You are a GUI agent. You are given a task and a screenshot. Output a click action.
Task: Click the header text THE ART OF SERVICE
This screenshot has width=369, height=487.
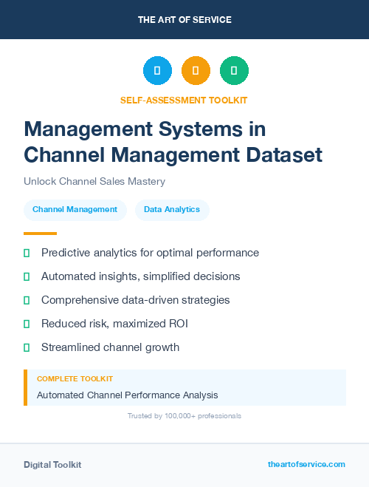point(184,20)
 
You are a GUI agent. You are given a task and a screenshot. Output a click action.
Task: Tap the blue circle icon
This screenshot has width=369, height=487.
point(157,71)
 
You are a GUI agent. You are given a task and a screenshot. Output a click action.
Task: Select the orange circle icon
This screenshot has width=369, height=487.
point(196,71)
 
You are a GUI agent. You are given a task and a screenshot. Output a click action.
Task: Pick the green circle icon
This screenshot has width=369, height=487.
point(234,71)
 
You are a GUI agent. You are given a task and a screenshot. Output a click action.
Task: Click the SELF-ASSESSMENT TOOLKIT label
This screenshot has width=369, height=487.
point(184,100)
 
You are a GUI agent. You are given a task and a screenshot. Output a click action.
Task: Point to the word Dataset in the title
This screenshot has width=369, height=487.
point(285,154)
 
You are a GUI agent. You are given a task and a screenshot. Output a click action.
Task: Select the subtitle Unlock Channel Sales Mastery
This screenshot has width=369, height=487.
point(94,181)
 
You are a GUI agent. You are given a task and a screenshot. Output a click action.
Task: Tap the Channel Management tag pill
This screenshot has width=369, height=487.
point(75,209)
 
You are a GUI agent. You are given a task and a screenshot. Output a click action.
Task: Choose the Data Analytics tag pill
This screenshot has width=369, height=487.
point(172,209)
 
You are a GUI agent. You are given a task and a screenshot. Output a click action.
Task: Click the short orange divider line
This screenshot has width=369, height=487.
point(40,233)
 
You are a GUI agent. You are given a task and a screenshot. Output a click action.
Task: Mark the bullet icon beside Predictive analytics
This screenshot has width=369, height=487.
point(27,253)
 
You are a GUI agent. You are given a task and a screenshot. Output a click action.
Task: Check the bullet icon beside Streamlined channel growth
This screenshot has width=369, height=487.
point(27,347)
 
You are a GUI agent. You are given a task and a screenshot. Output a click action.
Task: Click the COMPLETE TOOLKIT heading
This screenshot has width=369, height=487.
point(75,378)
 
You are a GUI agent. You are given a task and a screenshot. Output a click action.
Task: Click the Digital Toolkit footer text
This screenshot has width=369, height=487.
point(52,465)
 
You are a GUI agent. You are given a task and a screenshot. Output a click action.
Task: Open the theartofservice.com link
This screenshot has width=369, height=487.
point(306,464)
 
